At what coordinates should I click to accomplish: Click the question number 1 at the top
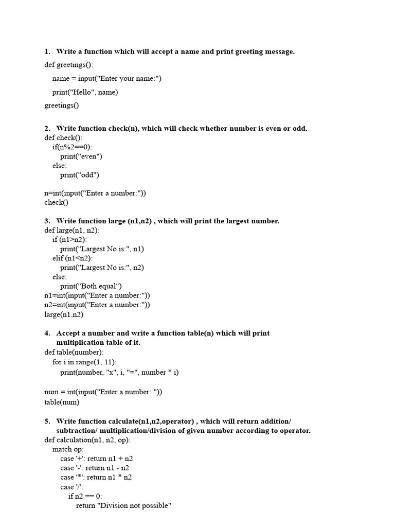click(47, 51)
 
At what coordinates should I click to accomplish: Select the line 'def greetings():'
click(69, 65)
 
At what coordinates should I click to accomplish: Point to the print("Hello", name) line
click(85, 92)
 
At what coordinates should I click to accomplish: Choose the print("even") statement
click(81, 156)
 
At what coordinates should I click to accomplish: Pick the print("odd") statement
click(80, 175)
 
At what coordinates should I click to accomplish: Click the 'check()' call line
click(56, 202)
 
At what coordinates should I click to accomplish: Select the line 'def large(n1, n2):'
click(72, 230)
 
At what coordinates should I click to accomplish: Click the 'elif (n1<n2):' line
click(73, 258)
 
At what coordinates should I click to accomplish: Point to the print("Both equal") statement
click(91, 286)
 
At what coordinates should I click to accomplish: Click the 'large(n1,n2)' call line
click(64, 314)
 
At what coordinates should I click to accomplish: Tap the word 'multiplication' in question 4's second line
click(79, 342)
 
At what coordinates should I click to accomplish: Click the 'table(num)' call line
click(62, 402)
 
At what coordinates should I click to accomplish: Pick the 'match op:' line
click(68, 449)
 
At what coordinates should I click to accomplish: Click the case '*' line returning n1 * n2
click(96, 477)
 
